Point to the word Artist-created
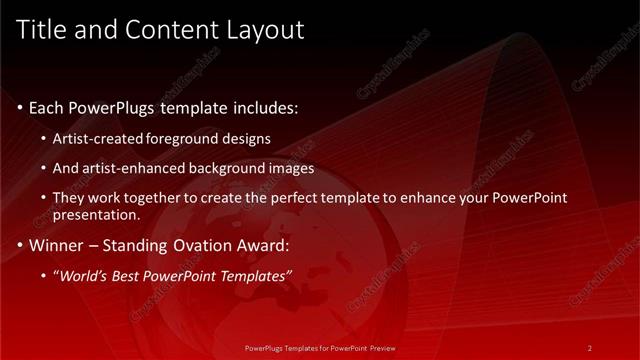105,138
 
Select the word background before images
231,168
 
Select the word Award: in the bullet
260,245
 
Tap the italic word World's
85,276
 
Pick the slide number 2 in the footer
590,348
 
